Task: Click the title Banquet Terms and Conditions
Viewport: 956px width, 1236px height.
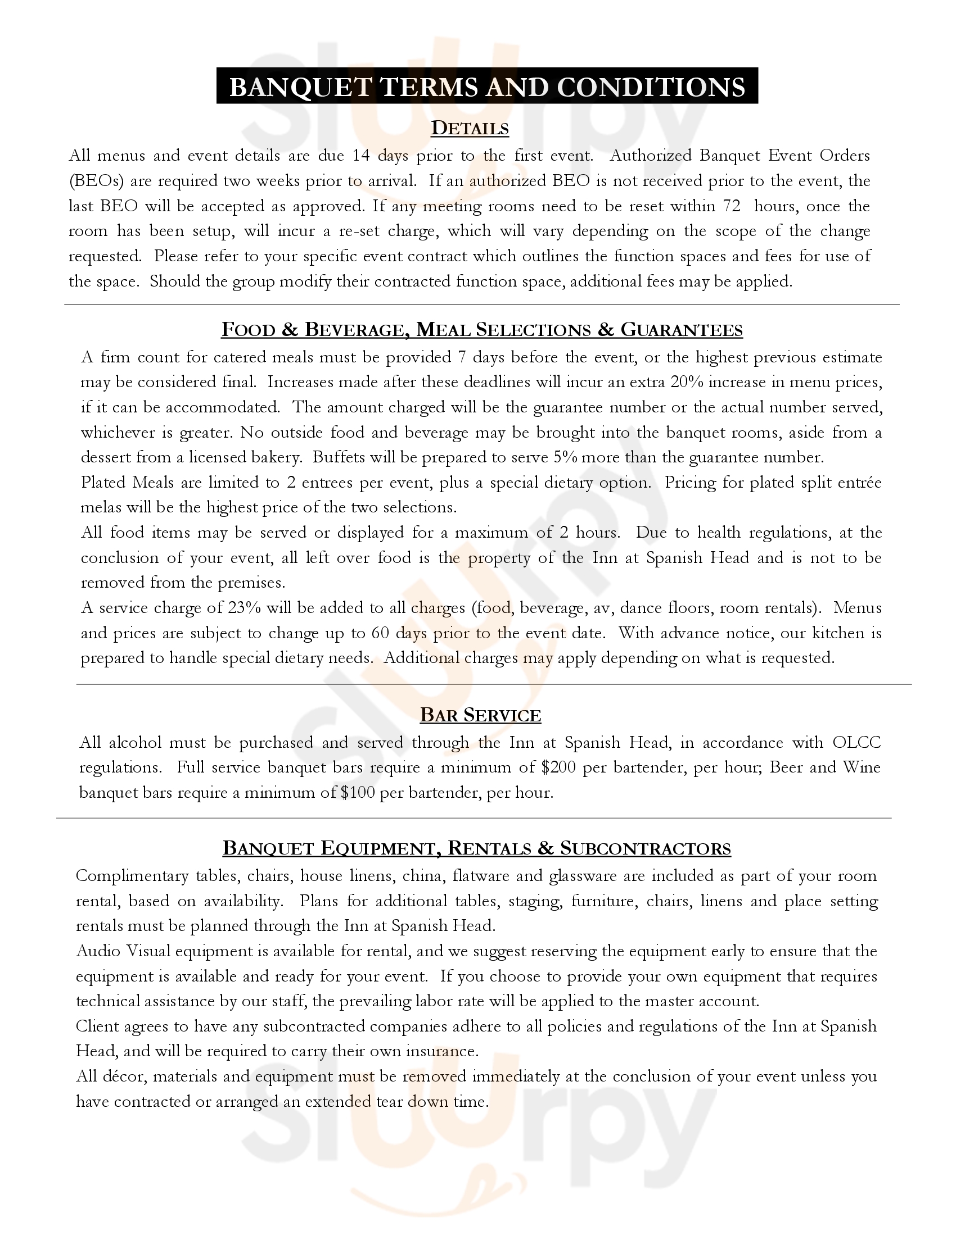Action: (x=487, y=87)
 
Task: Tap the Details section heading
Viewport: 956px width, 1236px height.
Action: (x=470, y=129)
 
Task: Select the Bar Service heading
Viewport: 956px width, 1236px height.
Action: (x=480, y=715)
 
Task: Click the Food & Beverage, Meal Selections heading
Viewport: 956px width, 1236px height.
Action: (x=481, y=329)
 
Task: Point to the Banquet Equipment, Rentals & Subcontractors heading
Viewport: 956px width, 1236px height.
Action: (x=477, y=848)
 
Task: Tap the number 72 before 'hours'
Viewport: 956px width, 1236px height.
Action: (x=731, y=206)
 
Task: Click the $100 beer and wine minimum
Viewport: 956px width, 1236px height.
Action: (x=358, y=792)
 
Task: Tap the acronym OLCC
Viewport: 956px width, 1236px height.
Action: (x=856, y=742)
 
